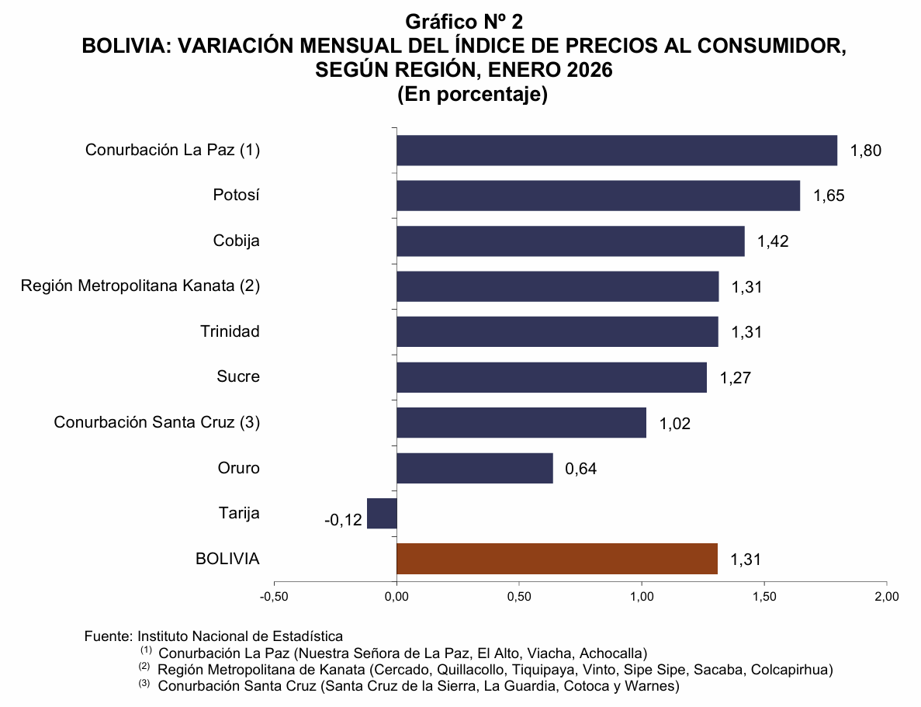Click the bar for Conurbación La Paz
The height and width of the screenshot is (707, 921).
pos(617,150)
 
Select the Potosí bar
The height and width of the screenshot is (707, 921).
pos(598,196)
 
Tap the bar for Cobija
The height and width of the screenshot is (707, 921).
pos(570,241)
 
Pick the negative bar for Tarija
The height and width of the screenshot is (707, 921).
pos(382,513)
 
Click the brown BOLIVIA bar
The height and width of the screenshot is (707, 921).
pos(557,559)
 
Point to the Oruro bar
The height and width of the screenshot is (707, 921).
pos(475,468)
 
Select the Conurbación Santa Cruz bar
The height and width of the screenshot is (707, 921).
pos(521,422)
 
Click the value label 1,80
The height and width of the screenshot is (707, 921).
pos(866,151)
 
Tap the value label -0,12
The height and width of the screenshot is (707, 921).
pos(343,520)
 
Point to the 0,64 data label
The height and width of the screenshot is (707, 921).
pos(581,469)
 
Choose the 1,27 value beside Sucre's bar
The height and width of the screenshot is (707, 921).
pos(736,378)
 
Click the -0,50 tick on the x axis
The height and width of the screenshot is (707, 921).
pos(274,596)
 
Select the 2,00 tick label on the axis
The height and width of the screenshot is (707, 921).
pos(886,596)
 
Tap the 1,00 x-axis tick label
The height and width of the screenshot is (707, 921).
pos(642,596)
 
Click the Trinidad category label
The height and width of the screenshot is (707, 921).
pos(230,331)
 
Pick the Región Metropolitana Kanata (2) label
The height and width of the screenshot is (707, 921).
pos(140,286)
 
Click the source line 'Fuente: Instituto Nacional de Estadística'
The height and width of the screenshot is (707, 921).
pos(213,636)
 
